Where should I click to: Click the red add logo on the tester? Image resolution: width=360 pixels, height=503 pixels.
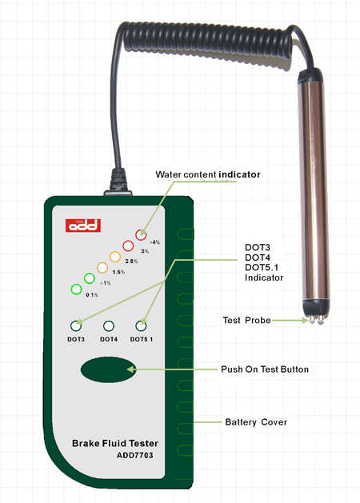pyautogui.click(x=83, y=226)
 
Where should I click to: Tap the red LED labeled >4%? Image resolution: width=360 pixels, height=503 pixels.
pyautogui.click(x=141, y=235)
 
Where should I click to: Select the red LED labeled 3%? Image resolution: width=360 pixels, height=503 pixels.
pyautogui.click(x=128, y=246)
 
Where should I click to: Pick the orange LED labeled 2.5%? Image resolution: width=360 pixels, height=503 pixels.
pyautogui.click(x=115, y=257)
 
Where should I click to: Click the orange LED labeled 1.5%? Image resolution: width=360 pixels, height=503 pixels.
pyautogui.click(x=102, y=268)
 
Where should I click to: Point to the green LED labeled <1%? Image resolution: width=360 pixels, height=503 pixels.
pyautogui.click(x=89, y=278)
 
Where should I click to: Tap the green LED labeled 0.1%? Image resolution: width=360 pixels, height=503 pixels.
pyautogui.click(x=76, y=289)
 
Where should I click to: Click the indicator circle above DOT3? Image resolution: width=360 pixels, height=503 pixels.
pyautogui.click(x=76, y=326)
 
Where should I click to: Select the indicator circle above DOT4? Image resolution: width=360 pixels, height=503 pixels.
pyautogui.click(x=109, y=326)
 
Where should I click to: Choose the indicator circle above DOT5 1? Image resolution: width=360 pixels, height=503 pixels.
pyautogui.click(x=141, y=326)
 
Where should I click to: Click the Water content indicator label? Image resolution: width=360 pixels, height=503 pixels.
pyautogui.click(x=207, y=174)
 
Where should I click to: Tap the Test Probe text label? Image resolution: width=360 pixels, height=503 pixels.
pyautogui.click(x=246, y=320)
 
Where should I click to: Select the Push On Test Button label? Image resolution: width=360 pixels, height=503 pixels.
pyautogui.click(x=265, y=369)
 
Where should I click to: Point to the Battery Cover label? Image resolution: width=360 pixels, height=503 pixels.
pyautogui.click(x=256, y=422)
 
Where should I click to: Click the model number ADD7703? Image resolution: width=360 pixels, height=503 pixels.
pyautogui.click(x=134, y=455)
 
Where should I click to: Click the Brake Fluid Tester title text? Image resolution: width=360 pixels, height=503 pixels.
pyautogui.click(x=115, y=443)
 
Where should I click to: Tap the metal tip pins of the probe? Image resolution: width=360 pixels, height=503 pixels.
pyautogui.click(x=316, y=320)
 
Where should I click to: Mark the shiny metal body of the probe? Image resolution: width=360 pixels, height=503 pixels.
pyautogui.click(x=314, y=191)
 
